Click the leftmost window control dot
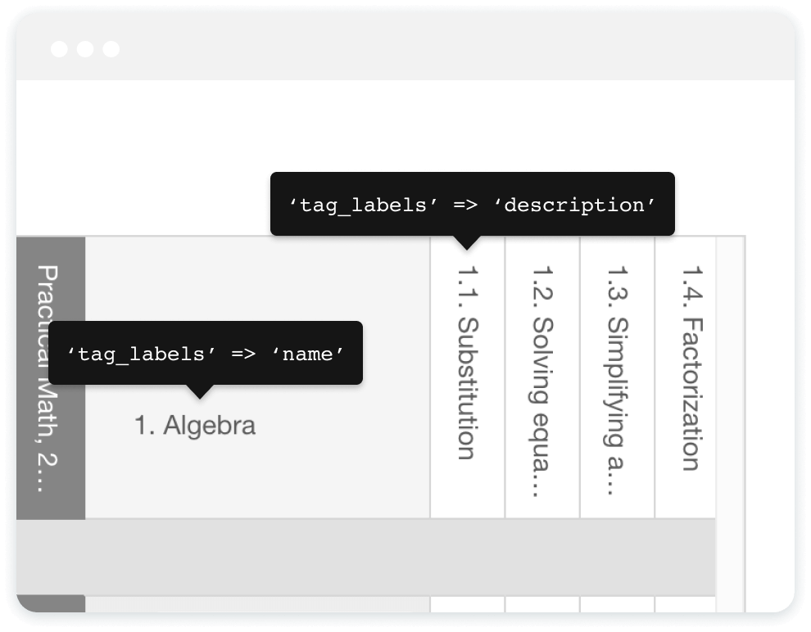[59, 49]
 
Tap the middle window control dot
[85, 49]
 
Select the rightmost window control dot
[111, 49]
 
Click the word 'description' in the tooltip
[580, 205]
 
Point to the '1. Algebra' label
[195, 426]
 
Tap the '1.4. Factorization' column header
[691, 368]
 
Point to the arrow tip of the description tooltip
[467, 247]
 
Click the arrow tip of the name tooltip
[198, 397]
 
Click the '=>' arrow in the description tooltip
[465, 205]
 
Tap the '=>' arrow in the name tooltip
[243, 354]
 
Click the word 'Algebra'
[210, 426]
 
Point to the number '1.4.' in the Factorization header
[691, 283]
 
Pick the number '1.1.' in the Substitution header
[467, 283]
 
